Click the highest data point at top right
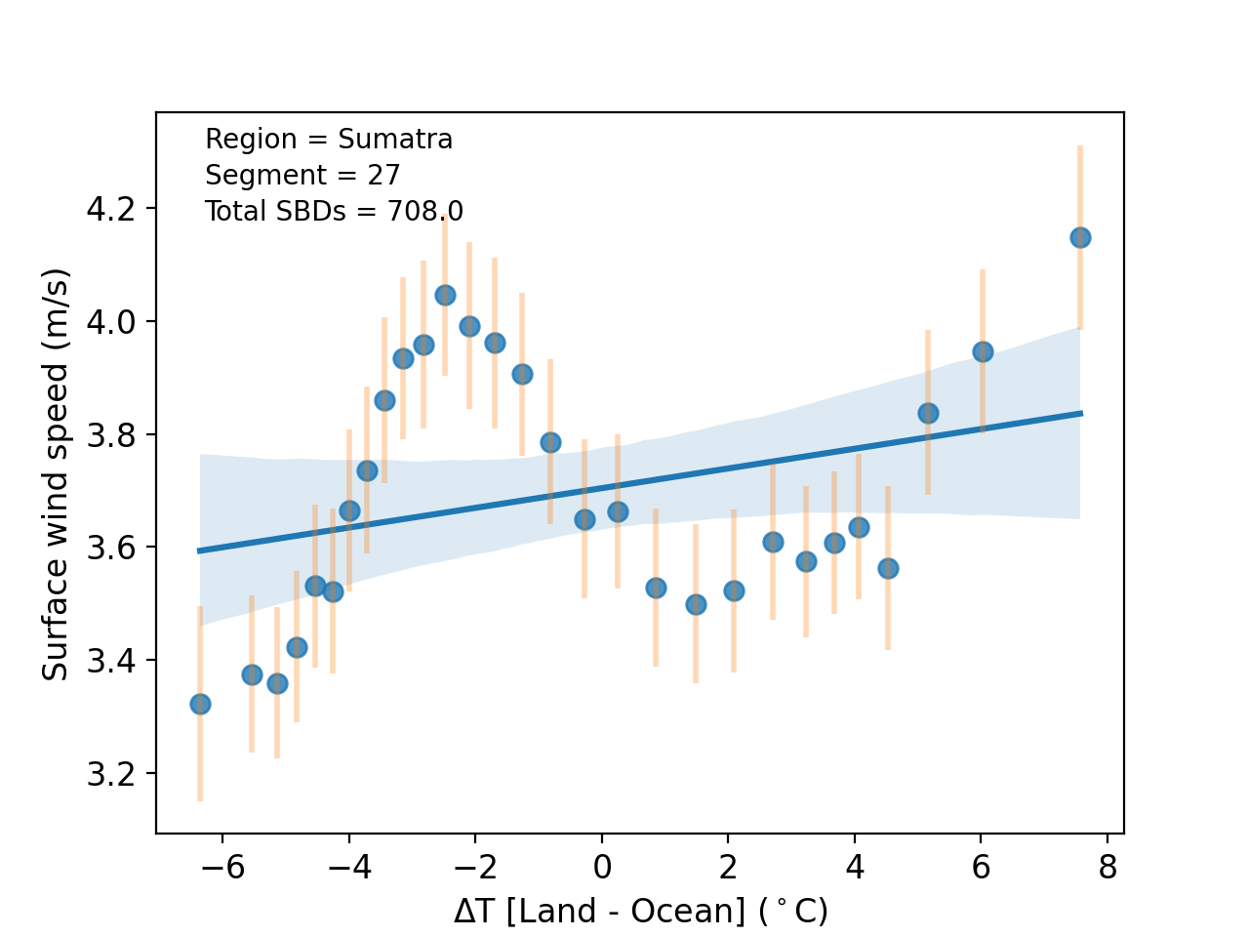click(x=1080, y=237)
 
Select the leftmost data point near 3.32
click(x=200, y=704)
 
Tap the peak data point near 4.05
click(x=445, y=295)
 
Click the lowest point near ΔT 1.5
click(x=696, y=604)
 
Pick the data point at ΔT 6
click(x=983, y=351)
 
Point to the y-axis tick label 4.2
click(x=110, y=209)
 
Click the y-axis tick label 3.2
click(x=110, y=774)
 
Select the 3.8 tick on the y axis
click(x=110, y=434)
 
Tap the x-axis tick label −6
click(x=222, y=868)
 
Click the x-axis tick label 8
click(x=1108, y=868)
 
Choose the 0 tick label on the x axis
click(x=602, y=868)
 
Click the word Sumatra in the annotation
click(x=395, y=140)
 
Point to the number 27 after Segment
click(x=384, y=176)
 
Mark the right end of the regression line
click(x=1081, y=413)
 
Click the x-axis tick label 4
click(x=855, y=868)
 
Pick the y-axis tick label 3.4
click(x=110, y=661)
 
